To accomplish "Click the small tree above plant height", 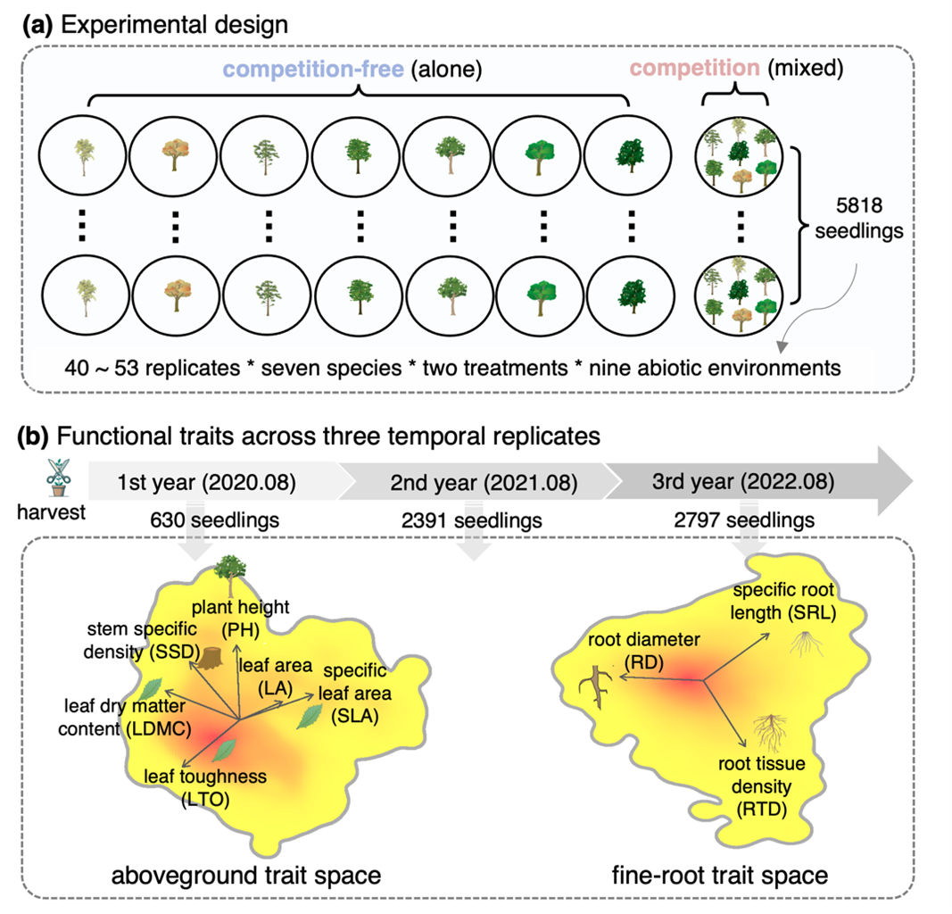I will tap(232, 573).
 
